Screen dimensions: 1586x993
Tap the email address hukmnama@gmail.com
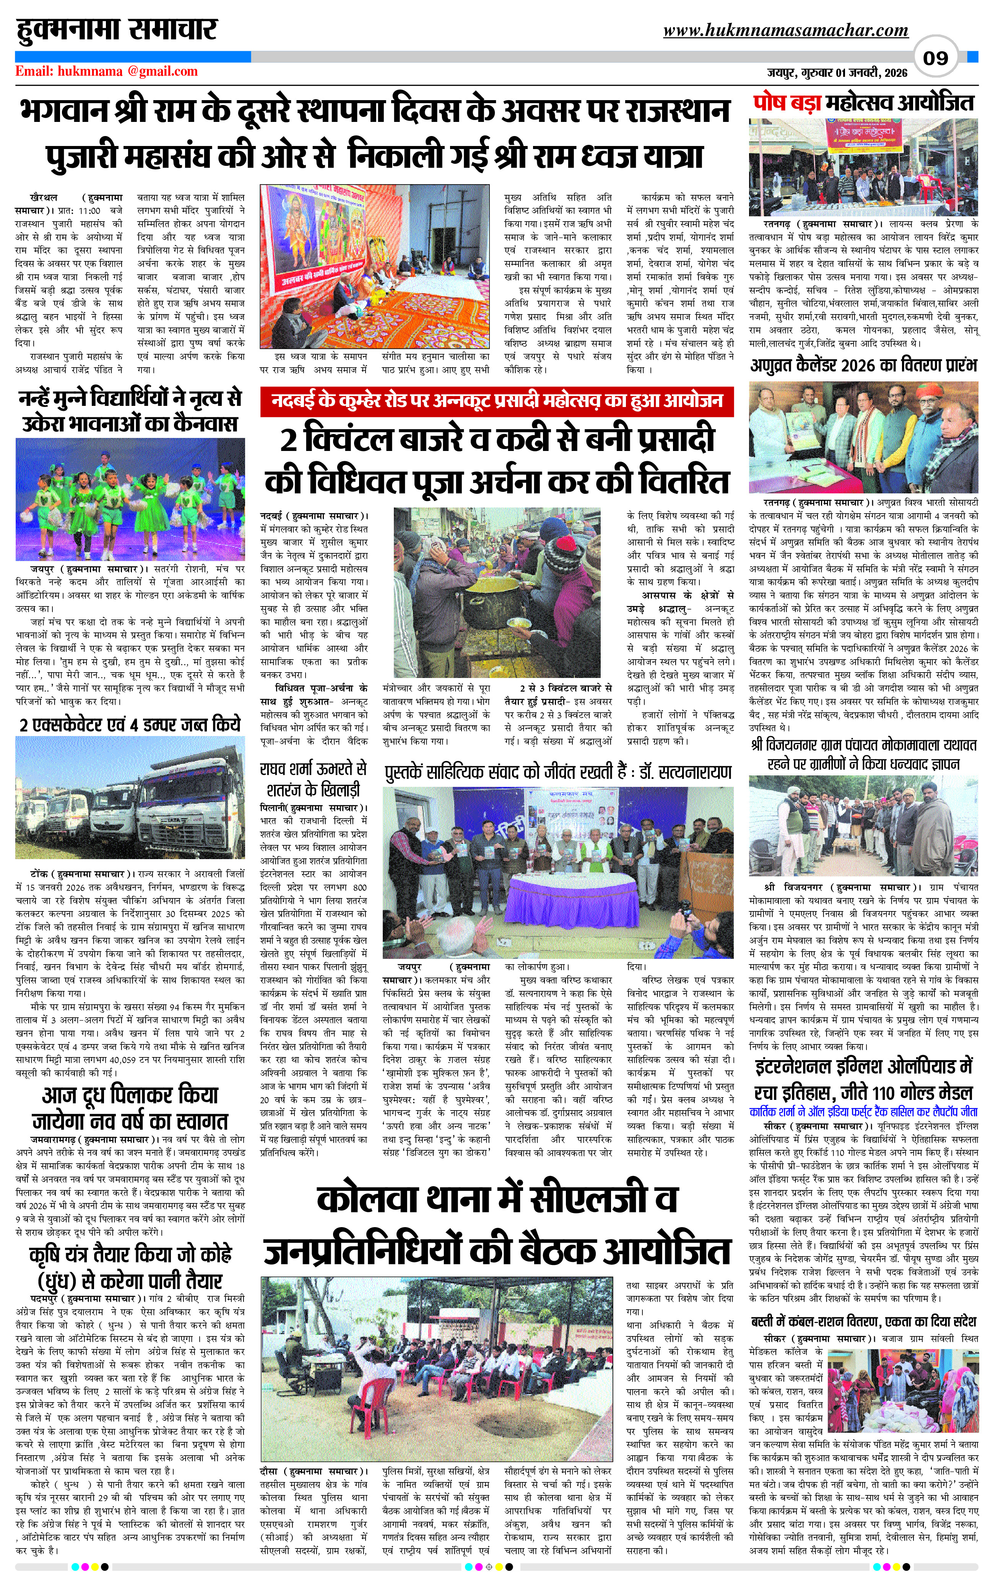pyautogui.click(x=106, y=71)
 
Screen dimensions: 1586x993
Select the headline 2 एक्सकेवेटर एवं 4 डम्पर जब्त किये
pyautogui.click(x=130, y=725)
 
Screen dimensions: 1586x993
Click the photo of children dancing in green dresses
pyautogui.click(x=130, y=499)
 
